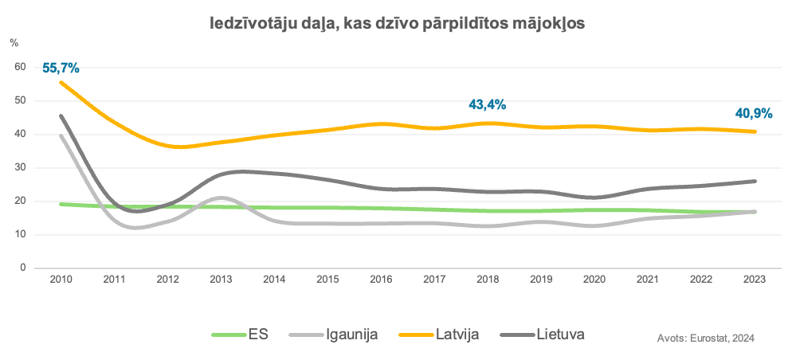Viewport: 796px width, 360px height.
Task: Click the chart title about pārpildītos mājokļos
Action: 398,25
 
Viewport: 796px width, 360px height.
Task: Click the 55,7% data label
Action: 61,68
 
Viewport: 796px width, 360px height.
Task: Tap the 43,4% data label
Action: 488,104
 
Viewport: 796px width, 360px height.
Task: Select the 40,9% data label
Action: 753,114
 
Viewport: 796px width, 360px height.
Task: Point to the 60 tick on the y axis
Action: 21,68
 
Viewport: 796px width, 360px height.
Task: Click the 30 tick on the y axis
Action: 21,168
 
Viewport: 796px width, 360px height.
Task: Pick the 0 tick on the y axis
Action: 24,268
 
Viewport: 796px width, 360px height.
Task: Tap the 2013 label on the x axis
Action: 221,280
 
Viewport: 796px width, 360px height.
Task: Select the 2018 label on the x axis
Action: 488,280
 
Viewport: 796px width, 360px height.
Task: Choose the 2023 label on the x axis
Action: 754,280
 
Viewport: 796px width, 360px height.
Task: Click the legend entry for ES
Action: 258,335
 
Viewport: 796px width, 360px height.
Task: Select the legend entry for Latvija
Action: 458,335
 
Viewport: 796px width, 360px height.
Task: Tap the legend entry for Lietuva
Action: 561,335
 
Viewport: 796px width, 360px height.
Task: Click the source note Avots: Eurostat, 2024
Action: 706,338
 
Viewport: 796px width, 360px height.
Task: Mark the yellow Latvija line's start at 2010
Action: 61,82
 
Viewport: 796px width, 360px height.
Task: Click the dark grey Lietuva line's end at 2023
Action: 755,181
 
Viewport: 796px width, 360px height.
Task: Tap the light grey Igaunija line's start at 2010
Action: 61,135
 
